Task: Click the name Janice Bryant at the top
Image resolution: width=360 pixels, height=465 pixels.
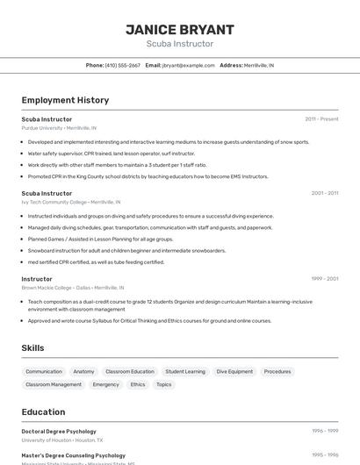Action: point(179,29)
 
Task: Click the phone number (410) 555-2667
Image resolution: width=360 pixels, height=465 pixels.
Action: point(122,65)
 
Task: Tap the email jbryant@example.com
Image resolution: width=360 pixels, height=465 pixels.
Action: point(188,65)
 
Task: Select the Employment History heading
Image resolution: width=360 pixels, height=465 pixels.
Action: point(65,100)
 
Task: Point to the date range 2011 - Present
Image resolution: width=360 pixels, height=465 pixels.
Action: point(321,118)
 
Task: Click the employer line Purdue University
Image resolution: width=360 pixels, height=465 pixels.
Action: point(59,128)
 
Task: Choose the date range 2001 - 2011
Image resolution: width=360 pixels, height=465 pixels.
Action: point(324,193)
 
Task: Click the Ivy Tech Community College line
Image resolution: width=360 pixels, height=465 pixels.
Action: point(71,202)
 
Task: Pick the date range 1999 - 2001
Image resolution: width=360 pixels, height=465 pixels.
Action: point(324,279)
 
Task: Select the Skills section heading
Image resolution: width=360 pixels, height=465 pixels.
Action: point(32,348)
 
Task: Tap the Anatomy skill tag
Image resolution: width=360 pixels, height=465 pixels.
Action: point(83,372)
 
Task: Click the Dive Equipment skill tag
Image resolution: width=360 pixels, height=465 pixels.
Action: point(234,372)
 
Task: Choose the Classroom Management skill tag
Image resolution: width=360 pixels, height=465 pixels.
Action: point(54,384)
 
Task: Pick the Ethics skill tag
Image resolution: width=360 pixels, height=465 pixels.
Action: point(138,384)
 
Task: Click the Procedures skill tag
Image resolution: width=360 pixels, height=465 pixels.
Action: point(277,372)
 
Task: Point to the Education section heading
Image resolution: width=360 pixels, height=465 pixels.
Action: point(43,411)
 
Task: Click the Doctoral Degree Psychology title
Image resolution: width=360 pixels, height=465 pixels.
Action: point(59,432)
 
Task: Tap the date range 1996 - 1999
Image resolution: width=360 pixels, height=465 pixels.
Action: point(325,431)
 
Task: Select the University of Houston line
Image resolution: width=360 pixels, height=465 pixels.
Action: point(62,440)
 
